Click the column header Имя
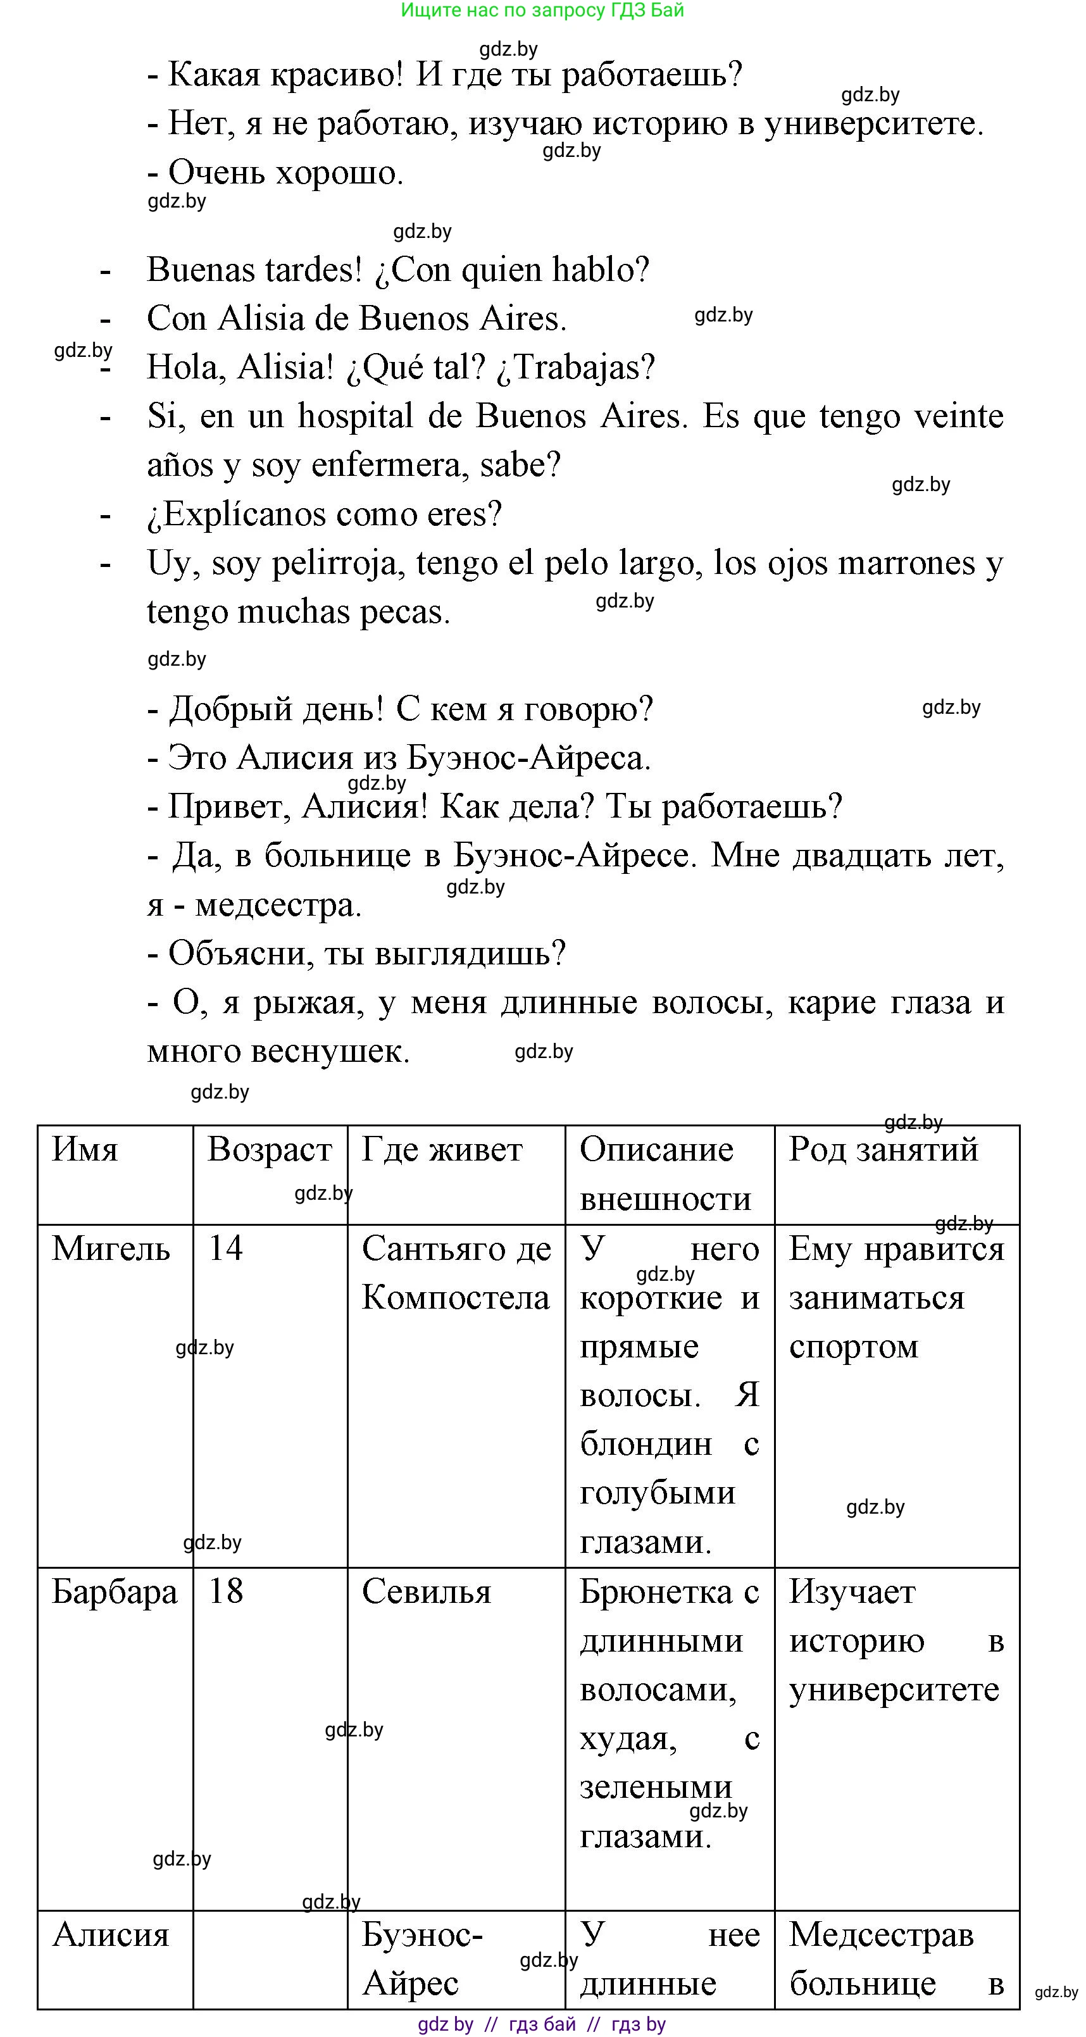85,1150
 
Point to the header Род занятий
883,1150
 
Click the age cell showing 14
225,1249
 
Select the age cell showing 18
225,1591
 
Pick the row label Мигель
111,1249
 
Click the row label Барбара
115,1592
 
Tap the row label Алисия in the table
111,1935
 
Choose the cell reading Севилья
427,1592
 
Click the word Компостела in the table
455,1298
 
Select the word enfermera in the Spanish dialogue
390,465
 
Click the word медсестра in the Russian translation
278,906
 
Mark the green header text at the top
542,10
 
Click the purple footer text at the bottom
542,2024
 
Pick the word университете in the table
894,1690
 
